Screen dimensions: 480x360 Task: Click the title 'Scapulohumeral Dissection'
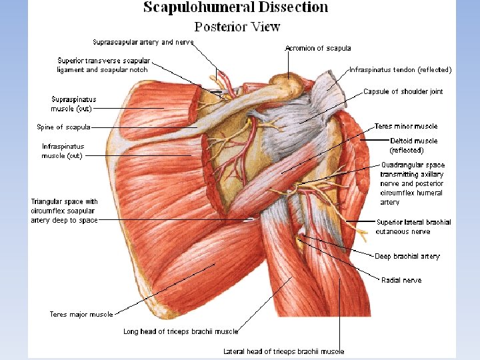236,8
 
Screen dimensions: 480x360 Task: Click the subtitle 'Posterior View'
237,27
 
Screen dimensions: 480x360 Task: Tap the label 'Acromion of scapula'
317,48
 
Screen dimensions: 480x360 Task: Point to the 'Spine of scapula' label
63,127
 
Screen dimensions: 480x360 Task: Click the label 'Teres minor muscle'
406,126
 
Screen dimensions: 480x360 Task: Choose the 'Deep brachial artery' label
407,256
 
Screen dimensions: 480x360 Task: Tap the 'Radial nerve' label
401,280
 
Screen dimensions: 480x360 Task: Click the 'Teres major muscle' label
81,314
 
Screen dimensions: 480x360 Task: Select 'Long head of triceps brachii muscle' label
180,331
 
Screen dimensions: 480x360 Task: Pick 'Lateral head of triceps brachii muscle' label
283,351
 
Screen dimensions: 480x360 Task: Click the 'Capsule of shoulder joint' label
403,91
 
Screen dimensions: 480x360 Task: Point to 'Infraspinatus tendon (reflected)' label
400,69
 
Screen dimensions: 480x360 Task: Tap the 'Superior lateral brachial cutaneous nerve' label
413,227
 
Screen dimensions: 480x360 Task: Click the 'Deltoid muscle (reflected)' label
413,145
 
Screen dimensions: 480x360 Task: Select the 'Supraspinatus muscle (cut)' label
73,104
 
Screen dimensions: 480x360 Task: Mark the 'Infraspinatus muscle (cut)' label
63,151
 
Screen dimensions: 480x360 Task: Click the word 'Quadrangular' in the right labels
403,165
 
